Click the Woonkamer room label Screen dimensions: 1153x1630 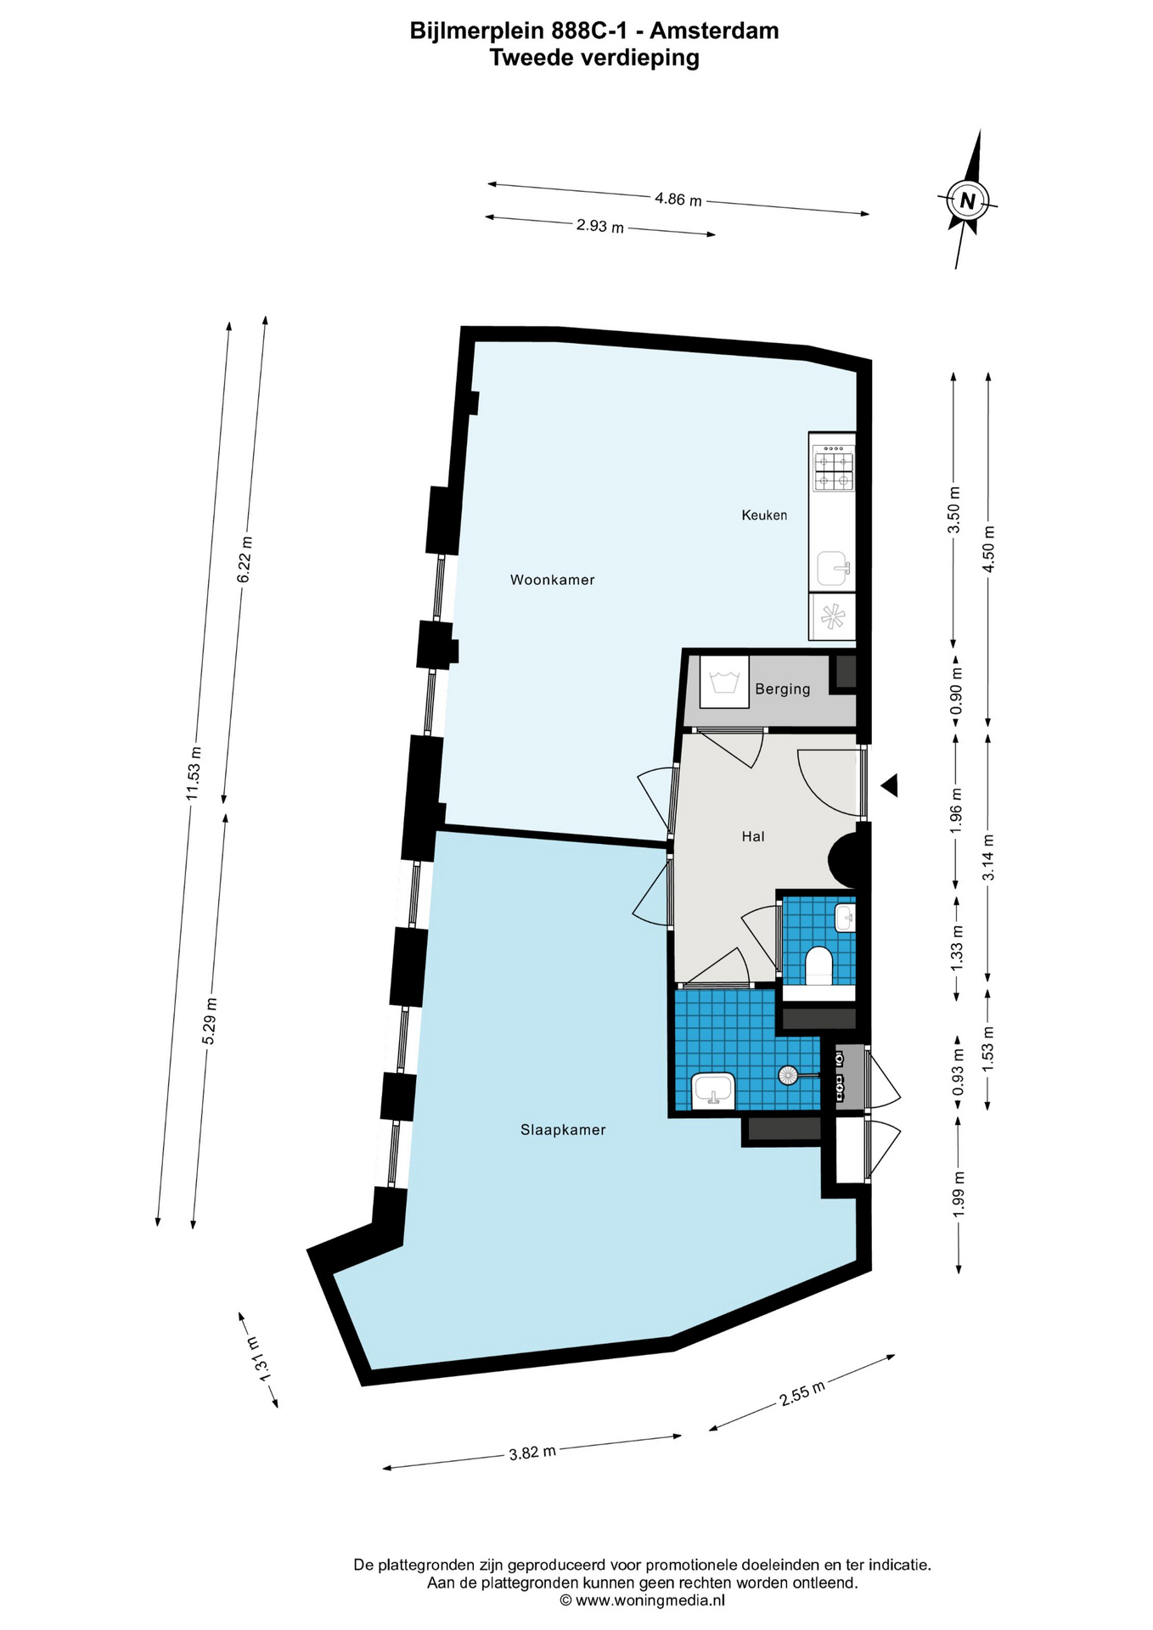552,580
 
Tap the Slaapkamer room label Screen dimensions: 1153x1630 563,1130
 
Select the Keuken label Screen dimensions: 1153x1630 764,515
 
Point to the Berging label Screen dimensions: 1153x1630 783,689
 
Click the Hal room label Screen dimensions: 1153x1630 753,836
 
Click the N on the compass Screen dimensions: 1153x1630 967,201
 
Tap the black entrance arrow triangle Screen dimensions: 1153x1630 889,786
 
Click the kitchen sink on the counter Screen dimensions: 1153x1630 832,569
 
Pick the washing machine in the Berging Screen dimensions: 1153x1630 724,681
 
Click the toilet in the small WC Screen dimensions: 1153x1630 818,966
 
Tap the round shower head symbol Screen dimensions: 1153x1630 788,1075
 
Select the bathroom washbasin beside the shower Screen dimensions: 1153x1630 713,1091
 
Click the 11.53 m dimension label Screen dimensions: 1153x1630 194,773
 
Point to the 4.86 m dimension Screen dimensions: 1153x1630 678,200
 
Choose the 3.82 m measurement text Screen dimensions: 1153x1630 532,1453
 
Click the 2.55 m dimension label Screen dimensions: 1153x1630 802,1393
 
